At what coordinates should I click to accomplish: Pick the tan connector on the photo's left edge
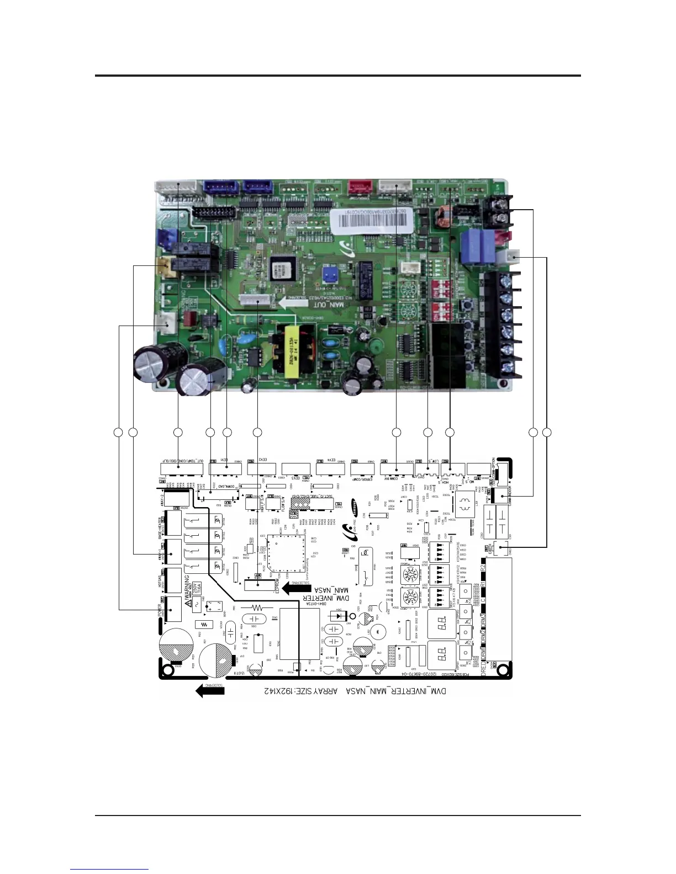(163, 268)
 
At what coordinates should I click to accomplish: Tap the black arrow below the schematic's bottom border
(210, 690)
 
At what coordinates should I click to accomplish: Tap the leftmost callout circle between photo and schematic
(118, 432)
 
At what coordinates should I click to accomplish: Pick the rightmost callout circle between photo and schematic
(547, 432)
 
